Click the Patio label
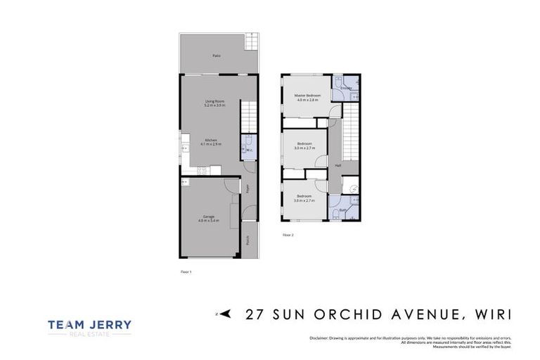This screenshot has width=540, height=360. pyautogui.click(x=217, y=55)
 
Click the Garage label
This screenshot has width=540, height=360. pyautogui.click(x=208, y=217)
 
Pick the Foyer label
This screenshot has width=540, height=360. pyautogui.click(x=248, y=188)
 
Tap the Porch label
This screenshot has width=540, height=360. pyautogui.click(x=248, y=240)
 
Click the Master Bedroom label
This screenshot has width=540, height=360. pyautogui.click(x=307, y=96)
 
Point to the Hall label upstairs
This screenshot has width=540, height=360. pyautogui.click(x=338, y=166)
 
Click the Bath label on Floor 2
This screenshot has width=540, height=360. pyautogui.click(x=342, y=210)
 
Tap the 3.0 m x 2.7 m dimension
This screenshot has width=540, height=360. pyautogui.click(x=304, y=148)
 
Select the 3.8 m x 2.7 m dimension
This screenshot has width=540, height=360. pyautogui.click(x=304, y=200)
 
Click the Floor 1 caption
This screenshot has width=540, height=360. pyautogui.click(x=186, y=271)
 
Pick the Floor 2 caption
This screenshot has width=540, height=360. pyautogui.click(x=288, y=235)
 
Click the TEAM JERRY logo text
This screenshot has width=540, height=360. pyautogui.click(x=89, y=325)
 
